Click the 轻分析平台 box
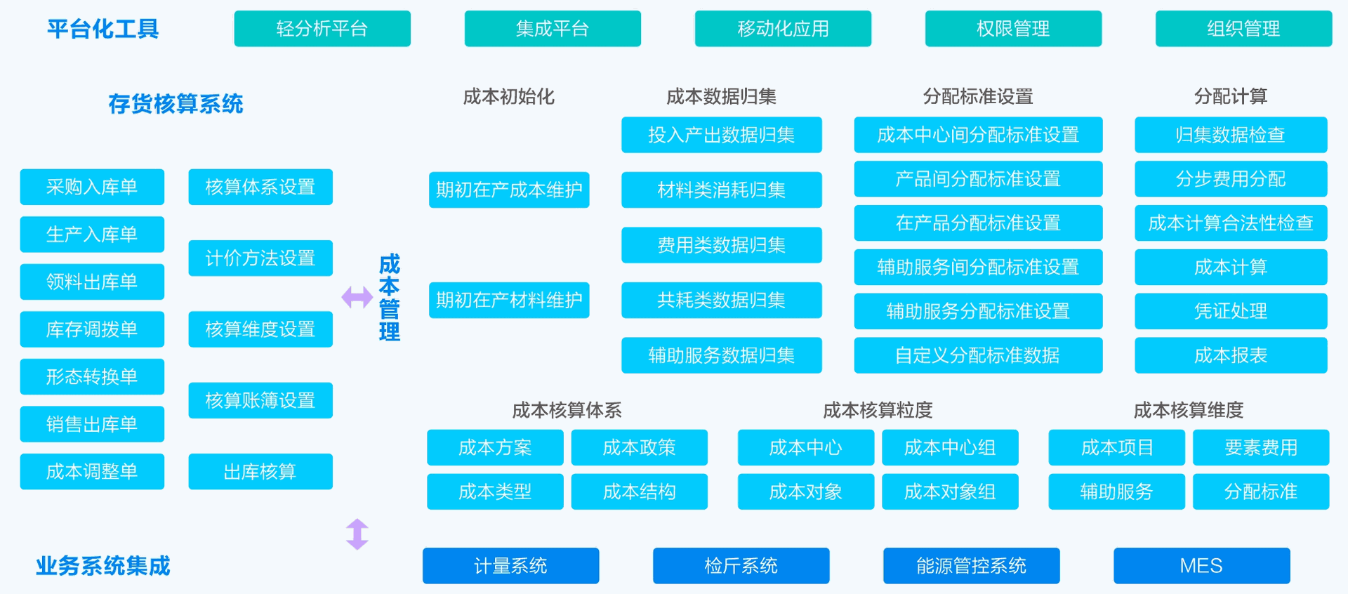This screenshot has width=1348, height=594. [x=322, y=29]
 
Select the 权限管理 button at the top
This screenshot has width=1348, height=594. [x=1013, y=29]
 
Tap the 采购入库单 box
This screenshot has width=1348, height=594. [x=92, y=187]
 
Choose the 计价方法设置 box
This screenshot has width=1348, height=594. [x=260, y=258]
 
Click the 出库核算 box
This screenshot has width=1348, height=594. [x=260, y=471]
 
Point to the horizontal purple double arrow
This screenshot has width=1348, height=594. [x=357, y=297]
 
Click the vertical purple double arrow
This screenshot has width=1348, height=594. [x=357, y=534]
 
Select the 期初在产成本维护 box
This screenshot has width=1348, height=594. [x=509, y=190]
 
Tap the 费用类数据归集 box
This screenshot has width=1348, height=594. [x=722, y=245]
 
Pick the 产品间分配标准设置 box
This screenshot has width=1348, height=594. [x=978, y=179]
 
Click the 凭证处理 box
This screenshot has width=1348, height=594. [x=1231, y=311]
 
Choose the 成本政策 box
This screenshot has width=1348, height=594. [x=640, y=447]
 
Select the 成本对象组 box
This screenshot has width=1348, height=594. [x=950, y=491]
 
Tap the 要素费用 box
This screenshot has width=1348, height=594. [x=1261, y=447]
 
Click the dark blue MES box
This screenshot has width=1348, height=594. [x=1202, y=566]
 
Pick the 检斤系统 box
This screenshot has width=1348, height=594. [x=741, y=566]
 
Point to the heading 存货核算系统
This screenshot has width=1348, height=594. [x=176, y=104]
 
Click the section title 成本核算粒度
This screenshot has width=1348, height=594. [x=878, y=410]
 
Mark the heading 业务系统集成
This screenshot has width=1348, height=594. [x=103, y=566]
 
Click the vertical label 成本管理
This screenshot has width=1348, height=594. [x=390, y=298]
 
